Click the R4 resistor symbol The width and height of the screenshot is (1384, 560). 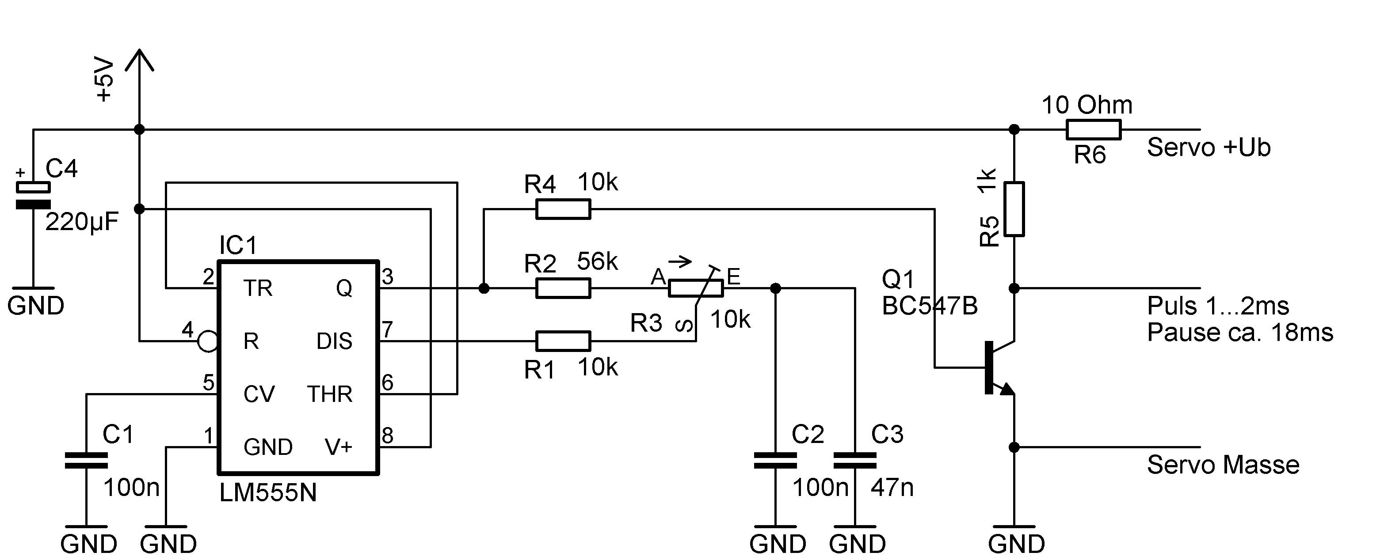563,209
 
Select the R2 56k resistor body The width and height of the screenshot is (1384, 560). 563,288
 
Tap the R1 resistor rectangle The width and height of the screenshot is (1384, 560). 563,341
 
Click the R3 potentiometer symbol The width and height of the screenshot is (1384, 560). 696,288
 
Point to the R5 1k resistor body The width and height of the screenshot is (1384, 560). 1014,209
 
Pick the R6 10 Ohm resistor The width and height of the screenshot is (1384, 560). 1093,129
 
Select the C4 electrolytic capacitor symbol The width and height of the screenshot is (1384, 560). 33,196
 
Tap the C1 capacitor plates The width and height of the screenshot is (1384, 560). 86,461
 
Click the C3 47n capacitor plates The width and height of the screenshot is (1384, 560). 855,461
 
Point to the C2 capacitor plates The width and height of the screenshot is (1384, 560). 775,461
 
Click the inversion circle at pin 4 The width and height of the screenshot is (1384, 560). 207,341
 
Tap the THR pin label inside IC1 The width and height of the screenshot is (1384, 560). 329,394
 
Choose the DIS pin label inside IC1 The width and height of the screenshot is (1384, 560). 334,341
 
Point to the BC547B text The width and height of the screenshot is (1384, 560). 930,306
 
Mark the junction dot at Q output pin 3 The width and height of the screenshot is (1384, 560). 484,288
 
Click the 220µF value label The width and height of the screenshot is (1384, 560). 82,222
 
